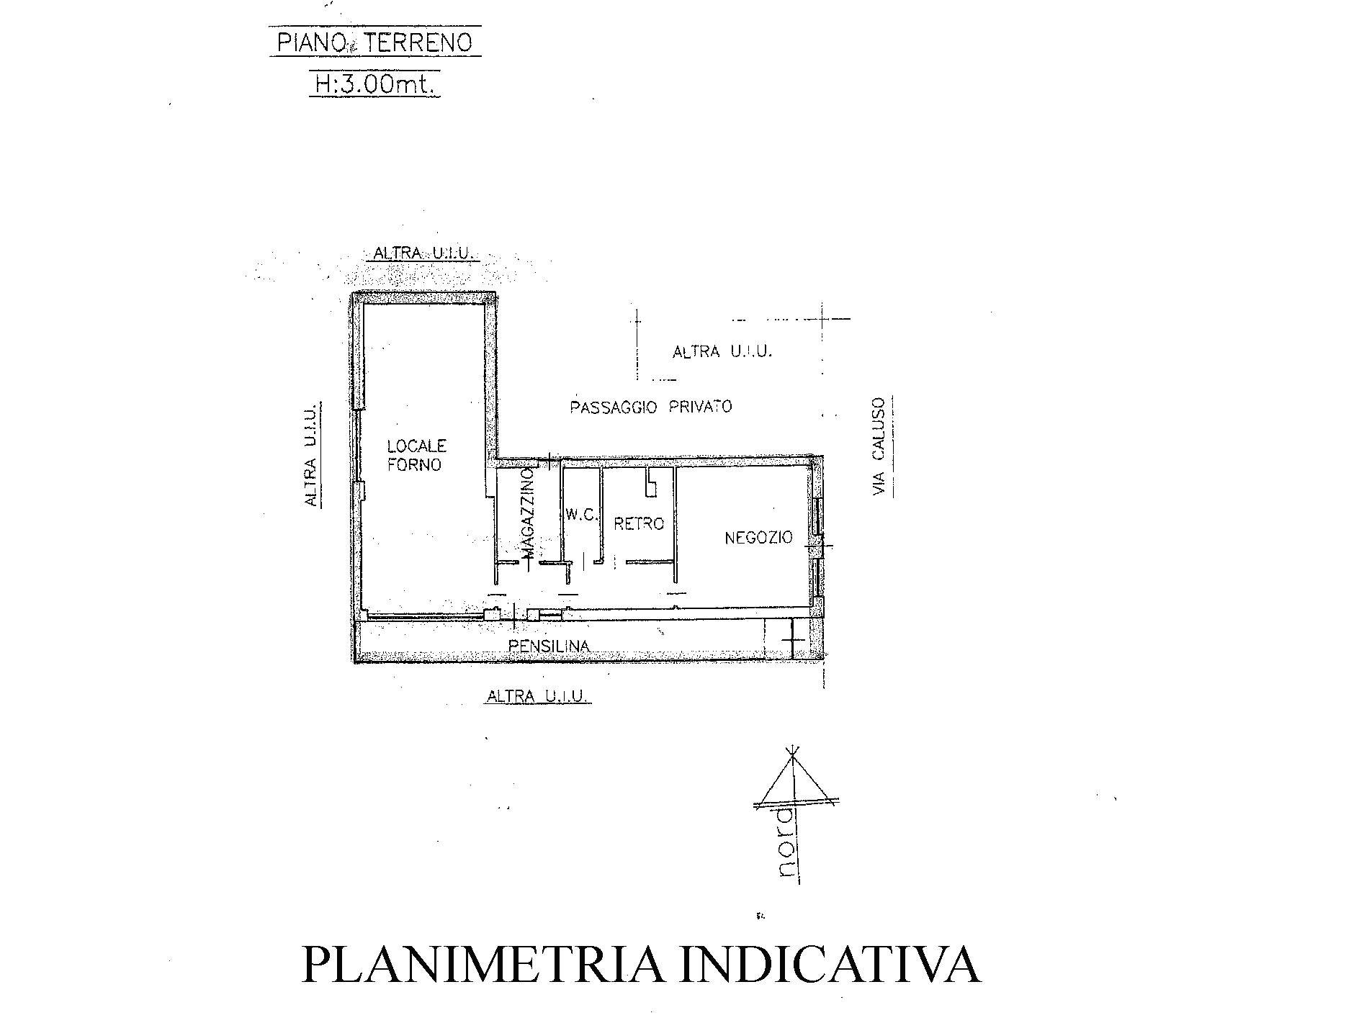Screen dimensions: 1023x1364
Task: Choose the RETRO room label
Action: pos(638,523)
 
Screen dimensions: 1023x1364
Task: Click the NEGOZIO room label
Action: pos(758,537)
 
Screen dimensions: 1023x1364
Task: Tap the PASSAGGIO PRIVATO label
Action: pos(650,407)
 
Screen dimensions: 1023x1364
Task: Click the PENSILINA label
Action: pos(549,646)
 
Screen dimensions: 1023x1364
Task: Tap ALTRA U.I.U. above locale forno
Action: pos(423,253)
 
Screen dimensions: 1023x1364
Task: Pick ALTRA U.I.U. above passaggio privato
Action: pos(722,352)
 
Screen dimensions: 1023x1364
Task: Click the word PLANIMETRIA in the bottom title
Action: pos(482,965)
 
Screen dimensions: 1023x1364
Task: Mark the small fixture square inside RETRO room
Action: pos(651,484)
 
